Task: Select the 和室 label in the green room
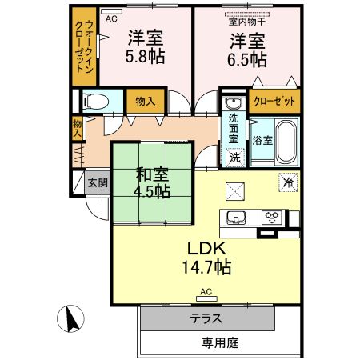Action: pyautogui.click(x=150, y=173)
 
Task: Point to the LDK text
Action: pyautogui.click(x=209, y=248)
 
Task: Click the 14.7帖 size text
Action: pyautogui.click(x=209, y=268)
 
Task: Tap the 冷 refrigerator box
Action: pyautogui.click(x=286, y=182)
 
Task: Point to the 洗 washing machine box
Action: pyautogui.click(x=234, y=157)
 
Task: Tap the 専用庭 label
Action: pyautogui.click(x=218, y=343)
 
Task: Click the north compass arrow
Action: pyautogui.click(x=70, y=319)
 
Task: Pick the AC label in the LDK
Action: pyautogui.click(x=206, y=291)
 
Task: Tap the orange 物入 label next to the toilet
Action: pyautogui.click(x=145, y=102)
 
